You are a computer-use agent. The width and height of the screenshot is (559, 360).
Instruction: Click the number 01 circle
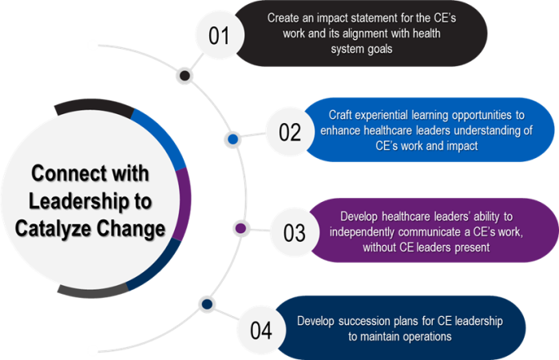(219, 36)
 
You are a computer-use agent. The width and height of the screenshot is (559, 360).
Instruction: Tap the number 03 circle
(295, 233)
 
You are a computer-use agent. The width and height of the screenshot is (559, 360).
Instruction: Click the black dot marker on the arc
(185, 77)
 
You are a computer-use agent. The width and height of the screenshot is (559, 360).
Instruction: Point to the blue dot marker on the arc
(233, 139)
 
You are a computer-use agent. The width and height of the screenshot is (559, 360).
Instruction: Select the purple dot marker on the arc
(240, 229)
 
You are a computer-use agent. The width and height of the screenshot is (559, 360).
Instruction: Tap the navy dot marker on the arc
(207, 304)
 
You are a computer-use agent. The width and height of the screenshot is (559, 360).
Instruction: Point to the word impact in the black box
(332, 17)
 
